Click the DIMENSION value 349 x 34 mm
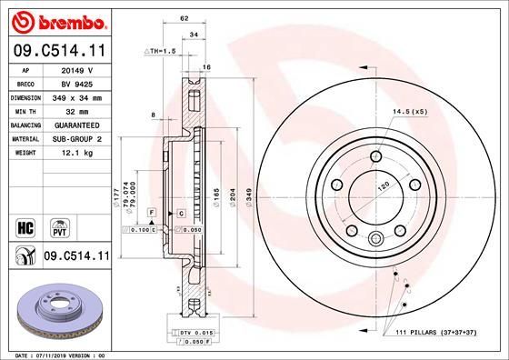click(76, 95)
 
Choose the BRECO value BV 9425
click(76, 82)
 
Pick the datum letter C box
click(181, 213)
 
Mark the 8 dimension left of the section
click(155, 114)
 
